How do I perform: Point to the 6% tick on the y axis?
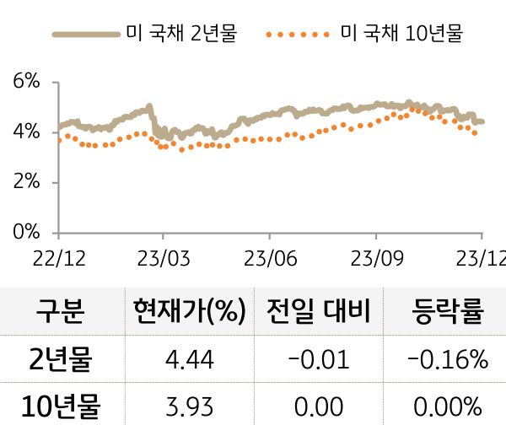[27, 82]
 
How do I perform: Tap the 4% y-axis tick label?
[27, 132]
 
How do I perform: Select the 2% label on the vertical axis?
[27, 182]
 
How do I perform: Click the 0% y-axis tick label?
[27, 232]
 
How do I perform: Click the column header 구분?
[60, 313]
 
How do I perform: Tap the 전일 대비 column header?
[318, 313]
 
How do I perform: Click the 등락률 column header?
[448, 313]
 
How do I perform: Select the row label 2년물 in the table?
[60, 360]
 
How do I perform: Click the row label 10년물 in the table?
[60, 406]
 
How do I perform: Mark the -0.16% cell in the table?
[448, 361]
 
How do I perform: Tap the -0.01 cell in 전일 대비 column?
[318, 361]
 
